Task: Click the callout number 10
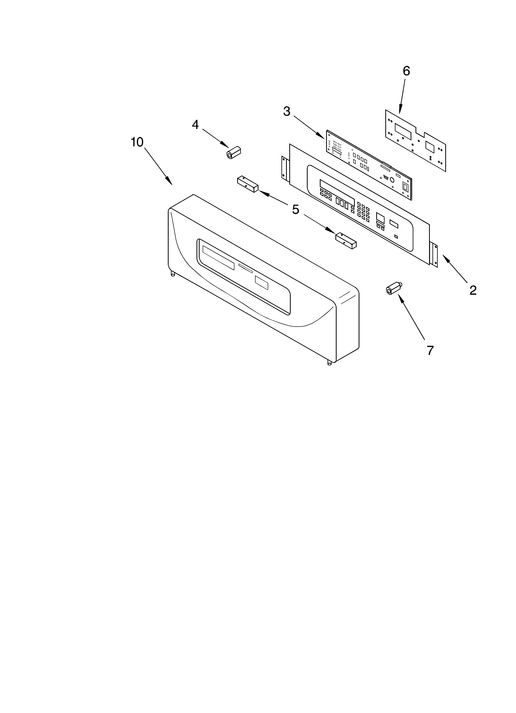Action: click(137, 142)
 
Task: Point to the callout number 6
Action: click(406, 71)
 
